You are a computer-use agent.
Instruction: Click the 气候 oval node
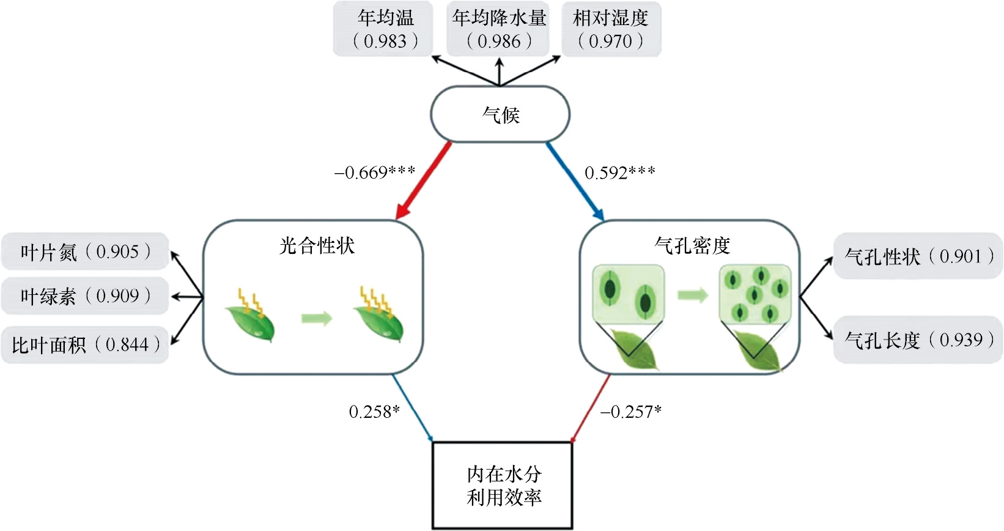pos(500,114)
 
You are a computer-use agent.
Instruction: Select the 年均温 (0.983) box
pos(383,29)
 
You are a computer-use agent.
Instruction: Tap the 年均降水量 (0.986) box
pos(498,29)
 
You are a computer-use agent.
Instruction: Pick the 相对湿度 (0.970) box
pos(611,29)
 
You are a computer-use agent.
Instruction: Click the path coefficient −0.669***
pos(374,173)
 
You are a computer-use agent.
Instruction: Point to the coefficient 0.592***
pos(619,173)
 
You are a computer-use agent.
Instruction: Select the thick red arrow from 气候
pos(424,180)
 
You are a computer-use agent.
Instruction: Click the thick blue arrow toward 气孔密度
pos(575,181)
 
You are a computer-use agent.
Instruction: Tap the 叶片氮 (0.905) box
pos(85,251)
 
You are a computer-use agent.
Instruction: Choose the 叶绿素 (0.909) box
pos(85,297)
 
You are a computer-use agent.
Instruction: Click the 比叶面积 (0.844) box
pos(85,345)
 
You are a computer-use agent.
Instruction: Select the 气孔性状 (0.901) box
pos(918,256)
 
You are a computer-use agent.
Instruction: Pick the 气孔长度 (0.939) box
pos(918,340)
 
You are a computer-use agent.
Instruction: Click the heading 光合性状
pos(317,246)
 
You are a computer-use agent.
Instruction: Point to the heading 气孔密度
pos(692,246)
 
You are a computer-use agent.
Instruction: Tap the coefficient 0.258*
pos(374,412)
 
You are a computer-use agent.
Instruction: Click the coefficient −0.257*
pos(630,412)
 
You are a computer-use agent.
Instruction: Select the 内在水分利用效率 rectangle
pos(503,485)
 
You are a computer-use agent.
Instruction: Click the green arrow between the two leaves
pos(316,318)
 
